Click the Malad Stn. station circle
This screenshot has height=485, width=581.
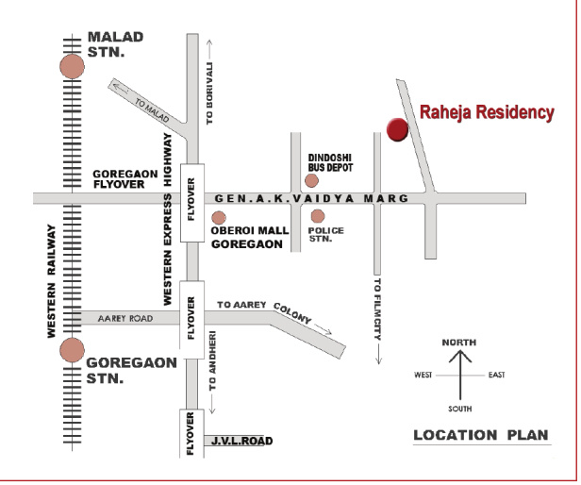(72, 66)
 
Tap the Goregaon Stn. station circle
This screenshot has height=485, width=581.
(72, 351)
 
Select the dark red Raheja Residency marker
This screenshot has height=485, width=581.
(397, 130)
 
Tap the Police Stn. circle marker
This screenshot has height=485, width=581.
(318, 217)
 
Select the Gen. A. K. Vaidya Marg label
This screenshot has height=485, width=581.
(311, 199)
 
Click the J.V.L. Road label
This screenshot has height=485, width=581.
(241, 441)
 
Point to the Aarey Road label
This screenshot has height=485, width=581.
(124, 320)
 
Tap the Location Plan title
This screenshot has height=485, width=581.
(481, 435)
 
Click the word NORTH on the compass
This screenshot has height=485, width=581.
(459, 342)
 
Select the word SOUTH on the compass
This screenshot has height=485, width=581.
(460, 409)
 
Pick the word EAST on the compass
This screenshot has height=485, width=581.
(496, 376)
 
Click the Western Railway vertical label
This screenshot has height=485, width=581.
(52, 281)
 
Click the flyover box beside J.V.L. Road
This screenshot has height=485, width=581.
(191, 434)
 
